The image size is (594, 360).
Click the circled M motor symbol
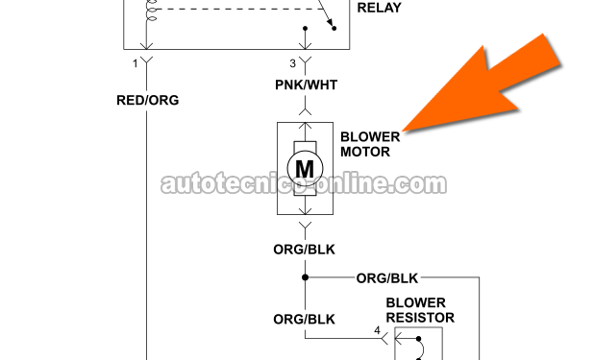coord(305,168)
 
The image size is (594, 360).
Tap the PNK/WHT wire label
coord(306,84)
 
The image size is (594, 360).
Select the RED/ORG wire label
coord(148,100)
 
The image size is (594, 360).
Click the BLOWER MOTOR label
coord(370,144)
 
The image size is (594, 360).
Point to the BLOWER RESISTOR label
coord(420,310)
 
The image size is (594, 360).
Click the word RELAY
coord(380,8)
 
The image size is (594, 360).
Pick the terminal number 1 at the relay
coord(136,63)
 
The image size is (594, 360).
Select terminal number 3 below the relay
coord(292,63)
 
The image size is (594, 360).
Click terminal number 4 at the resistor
coord(377,330)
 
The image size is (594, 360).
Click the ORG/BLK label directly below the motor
coord(304,250)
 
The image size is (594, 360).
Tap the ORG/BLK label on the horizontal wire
coord(387,278)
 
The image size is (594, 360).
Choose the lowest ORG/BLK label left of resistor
coord(304,320)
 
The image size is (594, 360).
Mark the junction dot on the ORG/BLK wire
coord(305,277)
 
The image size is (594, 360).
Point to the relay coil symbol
coord(150,10)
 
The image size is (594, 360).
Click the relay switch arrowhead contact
coord(331,23)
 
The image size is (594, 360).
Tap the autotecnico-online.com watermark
coord(304,184)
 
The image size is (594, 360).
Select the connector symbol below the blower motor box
coord(305,226)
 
